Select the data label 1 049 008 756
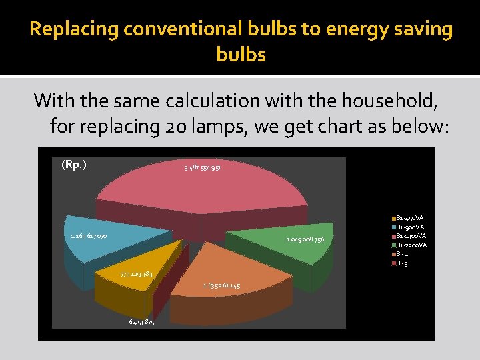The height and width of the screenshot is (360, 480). pyautogui.click(x=305, y=239)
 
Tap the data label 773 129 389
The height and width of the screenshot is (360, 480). pyautogui.click(x=136, y=275)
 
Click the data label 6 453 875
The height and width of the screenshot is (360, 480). pyautogui.click(x=141, y=323)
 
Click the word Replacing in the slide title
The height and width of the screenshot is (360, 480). pyautogui.click(x=71, y=29)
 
